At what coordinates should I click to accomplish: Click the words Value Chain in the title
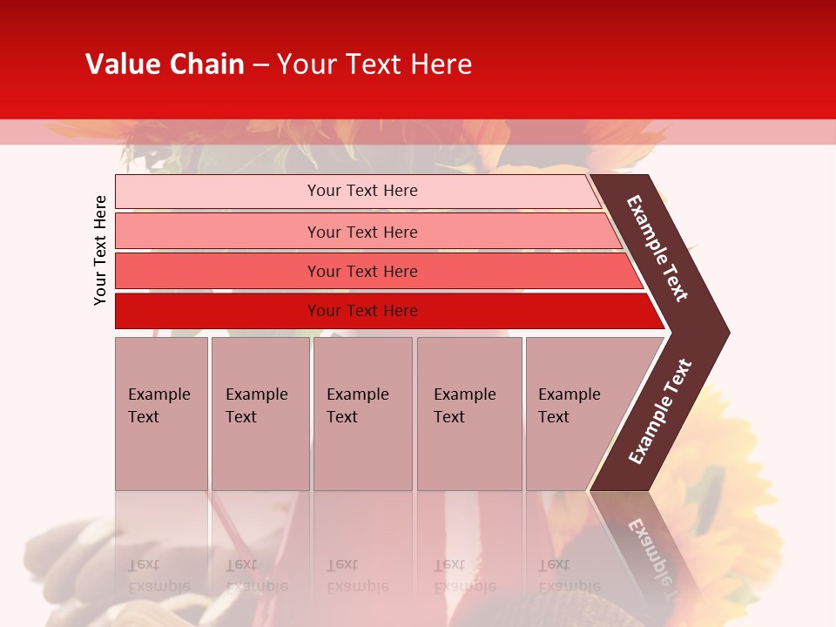(x=165, y=64)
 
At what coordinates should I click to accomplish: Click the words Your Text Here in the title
(x=374, y=64)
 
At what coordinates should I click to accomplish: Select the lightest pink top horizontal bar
(x=218, y=192)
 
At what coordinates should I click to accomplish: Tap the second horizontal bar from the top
(x=218, y=232)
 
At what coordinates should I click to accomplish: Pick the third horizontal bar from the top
(x=218, y=271)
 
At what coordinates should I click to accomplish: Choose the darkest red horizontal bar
(x=218, y=311)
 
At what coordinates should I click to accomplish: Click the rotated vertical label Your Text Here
(x=100, y=250)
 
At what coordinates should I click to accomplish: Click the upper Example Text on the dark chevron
(x=657, y=248)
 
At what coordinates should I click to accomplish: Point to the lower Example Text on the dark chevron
(x=659, y=412)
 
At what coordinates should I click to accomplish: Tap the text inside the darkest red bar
(x=362, y=311)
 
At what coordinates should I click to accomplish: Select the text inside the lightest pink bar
(x=362, y=191)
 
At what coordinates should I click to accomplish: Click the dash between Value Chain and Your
(x=260, y=65)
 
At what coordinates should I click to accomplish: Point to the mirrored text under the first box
(x=158, y=576)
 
